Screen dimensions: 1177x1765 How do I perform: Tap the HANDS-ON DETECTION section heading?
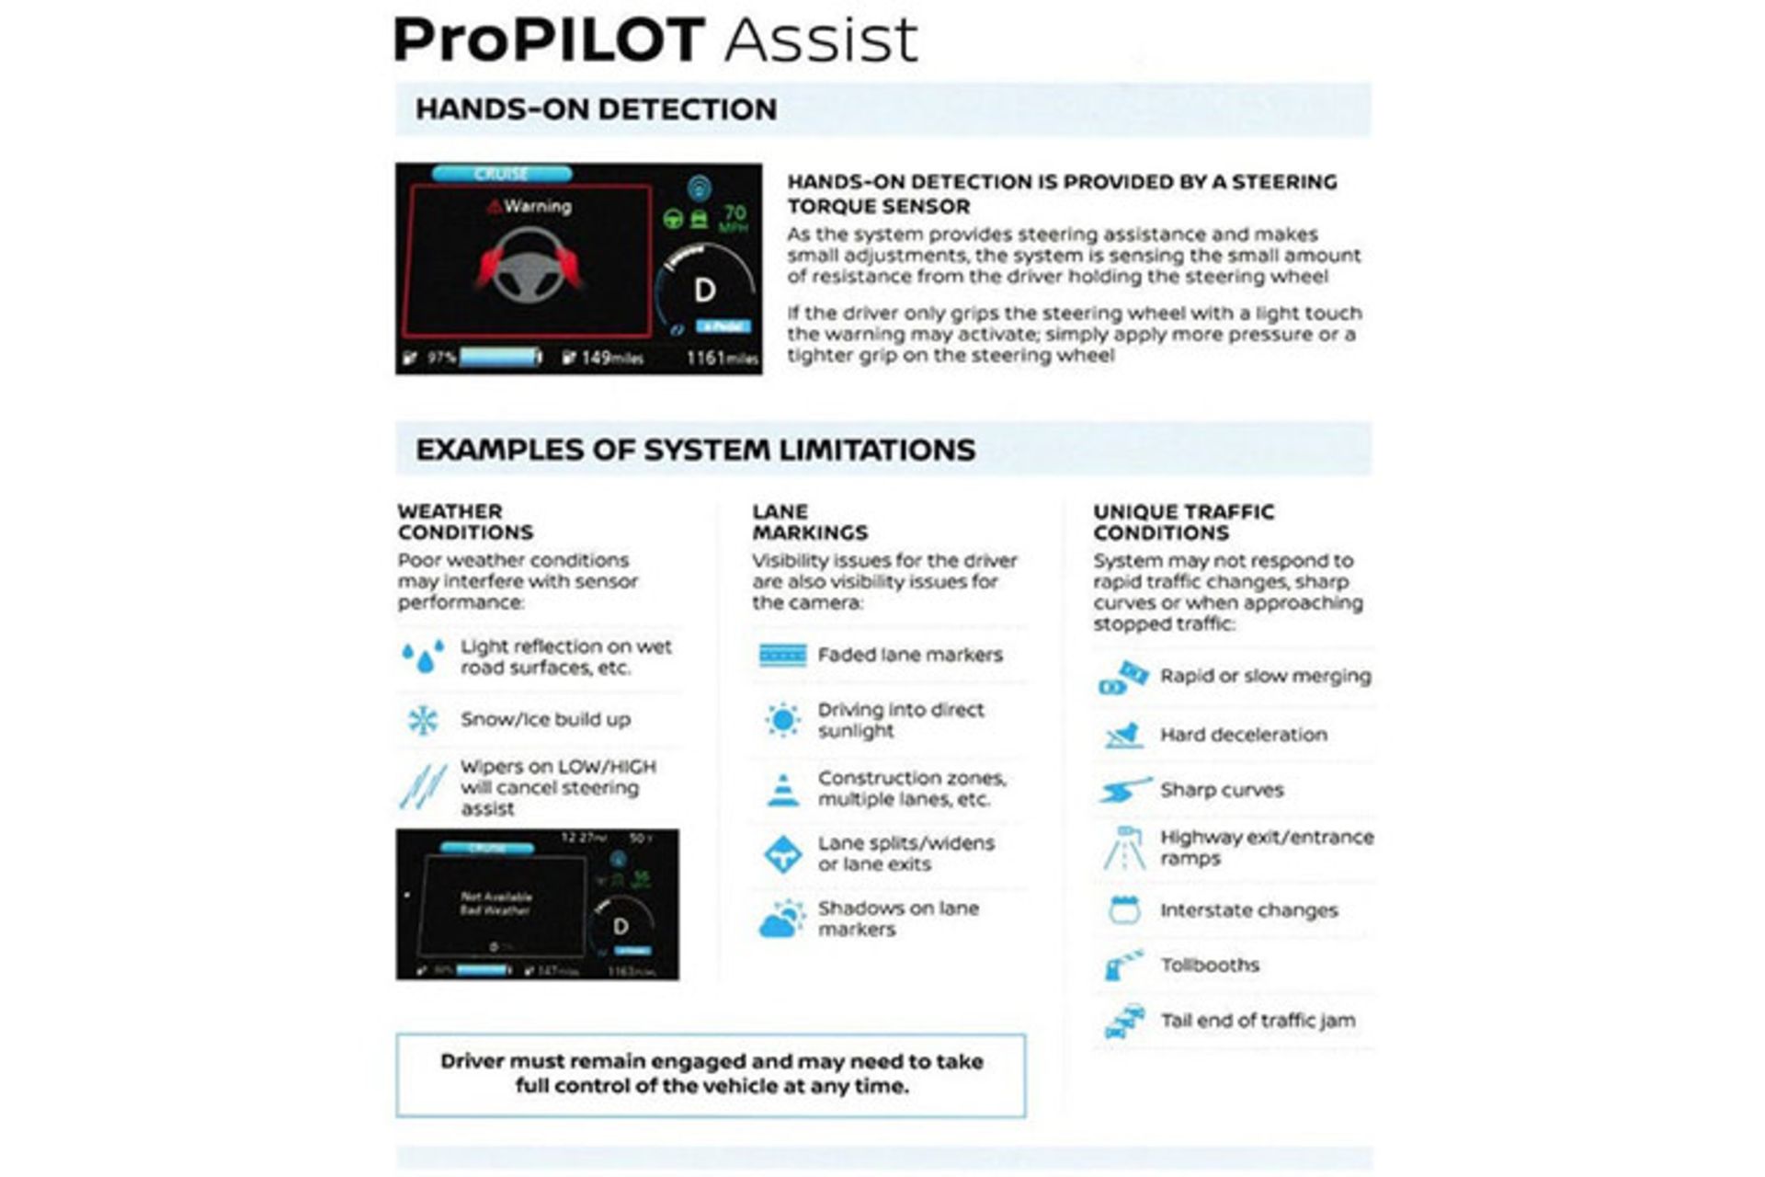coord(596,109)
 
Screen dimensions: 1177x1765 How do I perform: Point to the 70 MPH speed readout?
coord(734,218)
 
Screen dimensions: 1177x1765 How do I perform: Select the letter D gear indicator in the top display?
coord(704,291)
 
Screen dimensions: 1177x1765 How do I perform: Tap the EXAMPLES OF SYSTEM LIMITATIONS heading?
coord(695,450)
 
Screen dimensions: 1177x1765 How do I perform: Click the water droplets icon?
coord(422,657)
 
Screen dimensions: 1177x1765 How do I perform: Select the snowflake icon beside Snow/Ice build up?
coord(422,720)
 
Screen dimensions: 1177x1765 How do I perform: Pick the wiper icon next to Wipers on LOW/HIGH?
coord(422,787)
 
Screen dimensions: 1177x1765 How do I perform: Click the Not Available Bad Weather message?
coord(495,903)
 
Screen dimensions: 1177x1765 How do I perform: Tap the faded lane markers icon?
coord(782,655)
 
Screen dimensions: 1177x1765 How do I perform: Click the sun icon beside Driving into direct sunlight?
coord(782,720)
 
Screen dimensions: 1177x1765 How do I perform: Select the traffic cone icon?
coord(782,789)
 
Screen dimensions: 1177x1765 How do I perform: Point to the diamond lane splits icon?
coord(782,854)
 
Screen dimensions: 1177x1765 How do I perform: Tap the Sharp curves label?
coord(1221,790)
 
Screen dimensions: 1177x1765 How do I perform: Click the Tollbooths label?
coord(1209,966)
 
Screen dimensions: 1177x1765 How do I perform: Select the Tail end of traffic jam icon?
coord(1124,1021)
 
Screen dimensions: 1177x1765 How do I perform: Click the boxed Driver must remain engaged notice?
coord(711,1074)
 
